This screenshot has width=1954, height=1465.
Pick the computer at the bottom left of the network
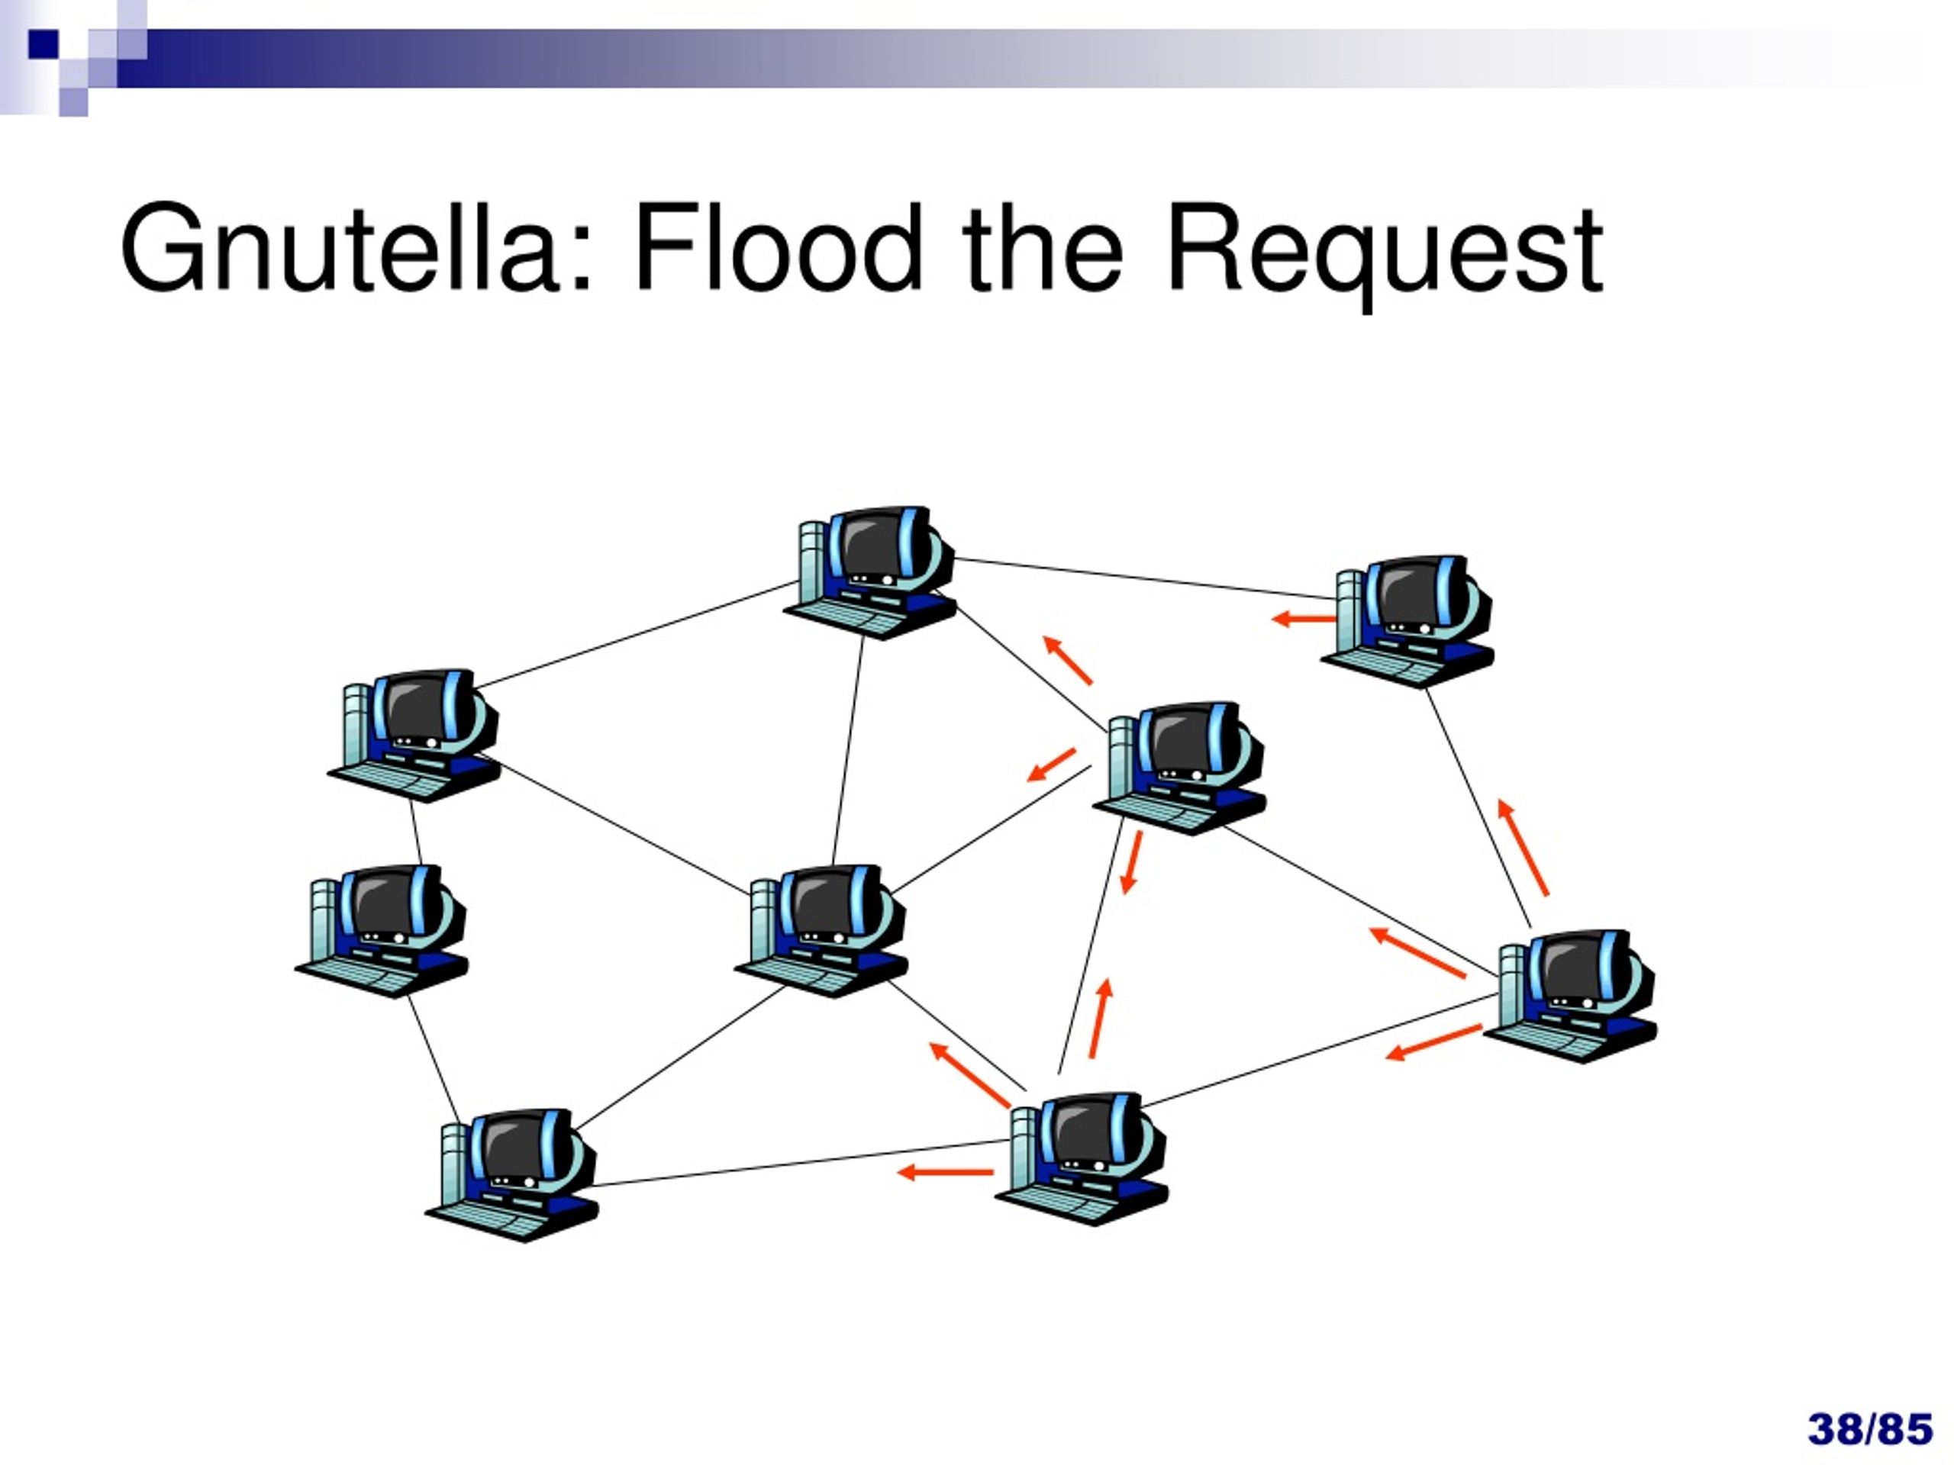tap(511, 1175)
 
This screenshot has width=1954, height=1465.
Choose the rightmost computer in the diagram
tap(1570, 996)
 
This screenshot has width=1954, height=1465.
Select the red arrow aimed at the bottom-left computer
tap(944, 1173)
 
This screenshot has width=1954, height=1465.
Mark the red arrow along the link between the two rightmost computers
tap(1523, 847)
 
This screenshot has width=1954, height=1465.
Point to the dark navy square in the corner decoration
tap(44, 44)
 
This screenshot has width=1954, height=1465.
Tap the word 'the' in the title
tap(1043, 247)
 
